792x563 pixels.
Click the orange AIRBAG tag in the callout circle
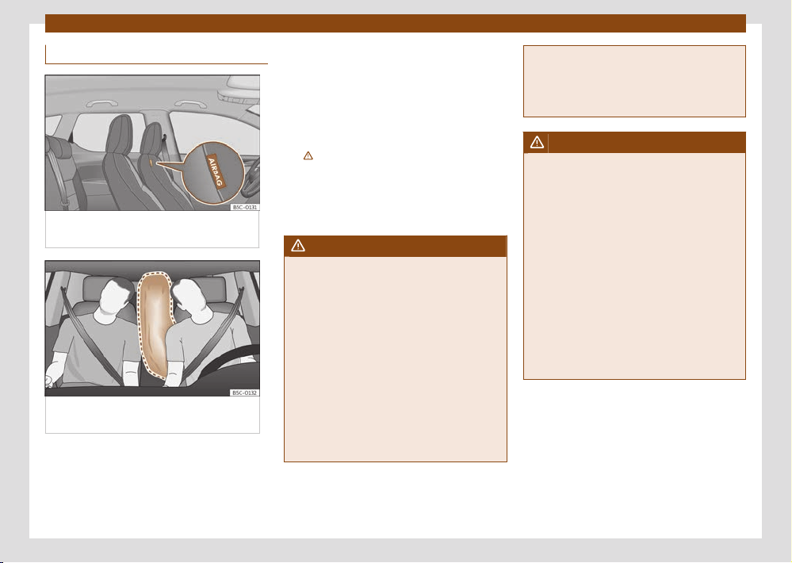(x=216, y=172)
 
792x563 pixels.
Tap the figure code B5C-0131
(x=245, y=207)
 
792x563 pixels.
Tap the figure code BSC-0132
(x=244, y=393)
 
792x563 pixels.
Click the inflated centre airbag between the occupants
(x=154, y=327)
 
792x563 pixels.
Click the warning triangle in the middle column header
(x=298, y=246)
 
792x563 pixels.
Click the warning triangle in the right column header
(x=537, y=143)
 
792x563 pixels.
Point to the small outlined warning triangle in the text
(x=308, y=155)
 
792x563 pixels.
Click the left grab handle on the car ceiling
(x=102, y=104)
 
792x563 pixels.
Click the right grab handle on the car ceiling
(x=190, y=104)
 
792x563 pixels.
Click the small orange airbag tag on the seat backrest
(x=151, y=163)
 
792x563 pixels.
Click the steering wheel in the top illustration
(x=251, y=178)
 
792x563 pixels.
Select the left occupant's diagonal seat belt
(x=91, y=335)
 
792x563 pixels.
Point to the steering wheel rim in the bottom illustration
(x=222, y=362)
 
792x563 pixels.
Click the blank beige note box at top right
(x=634, y=82)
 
